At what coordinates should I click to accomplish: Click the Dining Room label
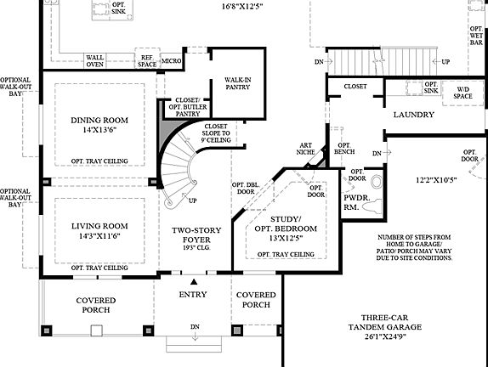[x=99, y=121]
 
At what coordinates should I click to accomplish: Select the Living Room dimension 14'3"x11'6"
[x=99, y=237]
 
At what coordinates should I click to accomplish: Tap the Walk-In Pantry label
[x=237, y=83]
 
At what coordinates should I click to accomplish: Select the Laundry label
[x=413, y=115]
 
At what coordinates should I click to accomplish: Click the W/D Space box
[x=462, y=93]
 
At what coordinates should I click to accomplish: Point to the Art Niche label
[x=306, y=150]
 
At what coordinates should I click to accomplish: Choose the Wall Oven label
[x=94, y=61]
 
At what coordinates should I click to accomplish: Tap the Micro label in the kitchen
[x=172, y=61]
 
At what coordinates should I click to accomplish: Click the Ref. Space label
[x=146, y=61]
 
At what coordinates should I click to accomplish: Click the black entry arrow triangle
[x=195, y=281]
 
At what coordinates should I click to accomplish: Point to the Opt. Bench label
[x=344, y=150]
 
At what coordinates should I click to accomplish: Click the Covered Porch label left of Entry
[x=95, y=305]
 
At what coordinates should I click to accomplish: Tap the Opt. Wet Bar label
[x=476, y=34]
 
